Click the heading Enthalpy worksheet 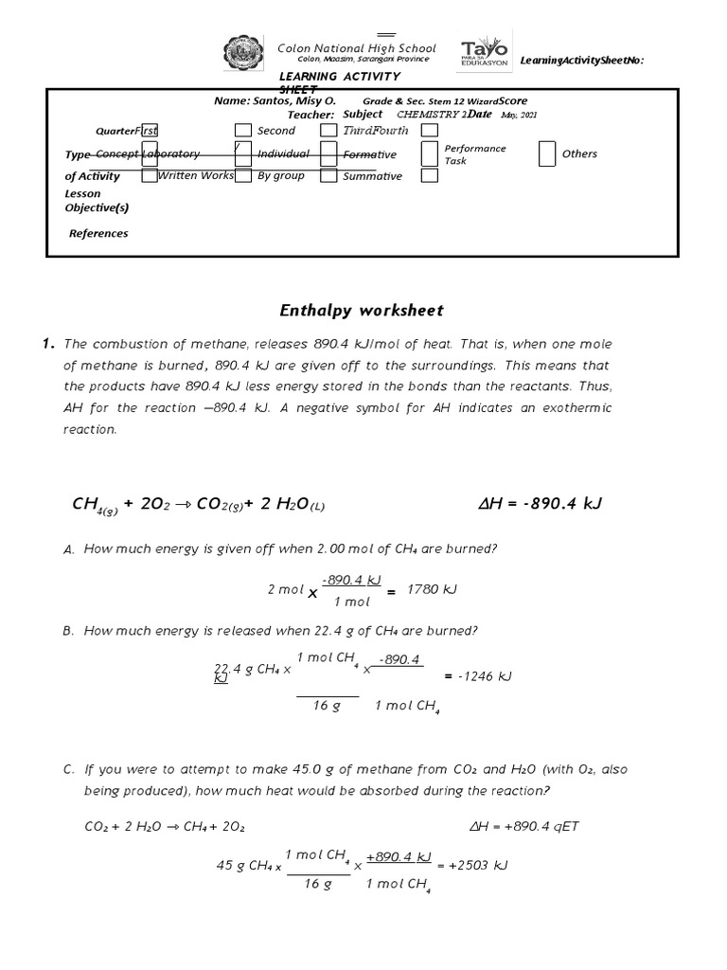pos(362,311)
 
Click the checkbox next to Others pos(547,153)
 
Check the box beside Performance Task pos(430,153)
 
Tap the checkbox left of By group pos(243,176)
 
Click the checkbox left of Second pos(243,131)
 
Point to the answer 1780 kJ pos(432,589)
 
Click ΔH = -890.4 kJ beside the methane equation pos(541,503)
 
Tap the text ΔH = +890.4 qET pos(524,826)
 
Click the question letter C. pos(69,770)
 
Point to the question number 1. pos(48,344)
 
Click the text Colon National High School pos(356,48)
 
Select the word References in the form pos(98,233)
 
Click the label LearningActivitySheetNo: pos(582,61)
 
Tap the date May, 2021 pos(520,115)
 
